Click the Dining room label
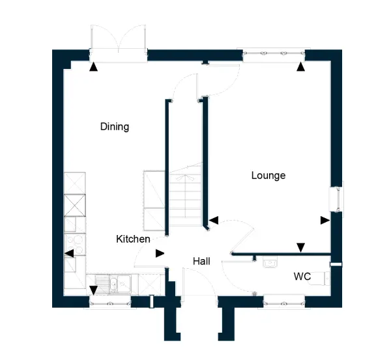[115, 126]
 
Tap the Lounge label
[268, 176]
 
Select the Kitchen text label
[133, 239]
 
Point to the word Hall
[201, 261]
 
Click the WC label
[302, 276]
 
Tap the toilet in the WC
[322, 278]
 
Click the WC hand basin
[270, 263]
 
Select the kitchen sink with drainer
[113, 284]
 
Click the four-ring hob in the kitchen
[75, 244]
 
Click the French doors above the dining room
[118, 42]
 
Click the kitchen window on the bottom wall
[110, 303]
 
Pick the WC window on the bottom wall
[284, 303]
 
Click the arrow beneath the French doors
[93, 67]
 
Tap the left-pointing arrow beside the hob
[69, 253]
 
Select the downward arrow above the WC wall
[300, 247]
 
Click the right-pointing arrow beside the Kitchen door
[160, 253]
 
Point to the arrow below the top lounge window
[300, 67]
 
